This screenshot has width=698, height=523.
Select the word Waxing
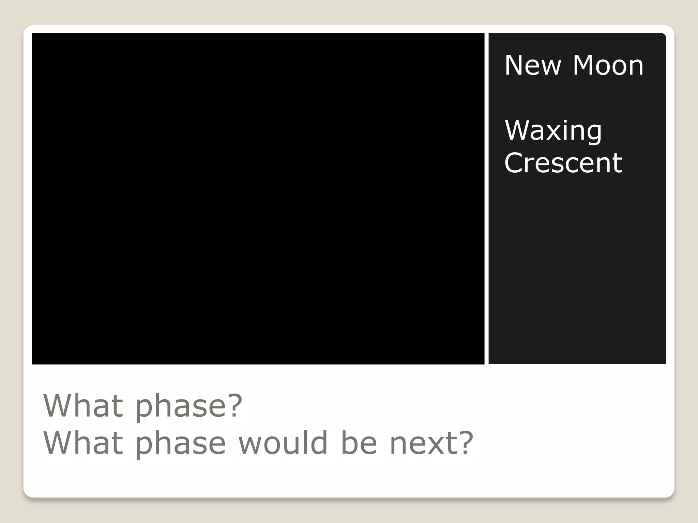point(553,130)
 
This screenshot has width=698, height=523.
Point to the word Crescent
point(563,163)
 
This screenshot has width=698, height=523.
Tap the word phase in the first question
point(180,406)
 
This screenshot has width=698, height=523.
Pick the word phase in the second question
point(180,443)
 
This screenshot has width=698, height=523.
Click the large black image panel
point(258,199)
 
